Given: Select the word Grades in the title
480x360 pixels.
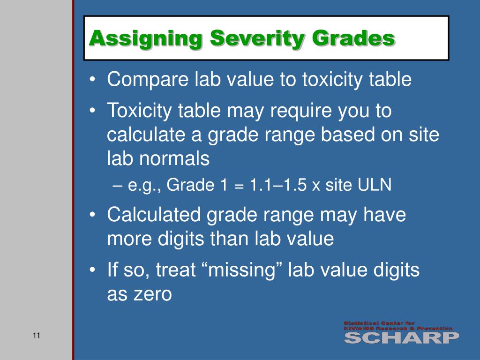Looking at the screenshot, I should coord(354,38).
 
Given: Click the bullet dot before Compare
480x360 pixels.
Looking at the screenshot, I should coord(93,80).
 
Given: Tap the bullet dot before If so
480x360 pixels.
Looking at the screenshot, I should coord(93,271).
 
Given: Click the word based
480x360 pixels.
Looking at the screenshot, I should coord(336,135).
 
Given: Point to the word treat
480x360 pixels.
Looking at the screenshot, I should coord(174,270).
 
